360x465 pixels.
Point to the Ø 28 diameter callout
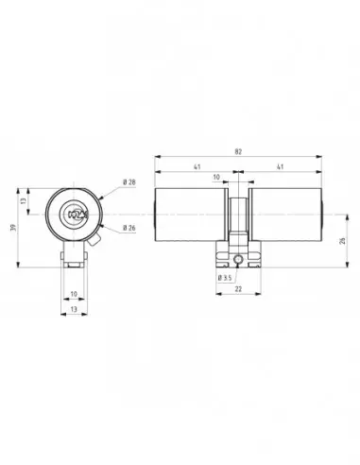pos(129,182)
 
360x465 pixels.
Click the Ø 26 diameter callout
pos(129,227)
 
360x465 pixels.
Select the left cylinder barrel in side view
pos(189,215)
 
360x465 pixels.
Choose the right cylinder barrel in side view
pos(283,215)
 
